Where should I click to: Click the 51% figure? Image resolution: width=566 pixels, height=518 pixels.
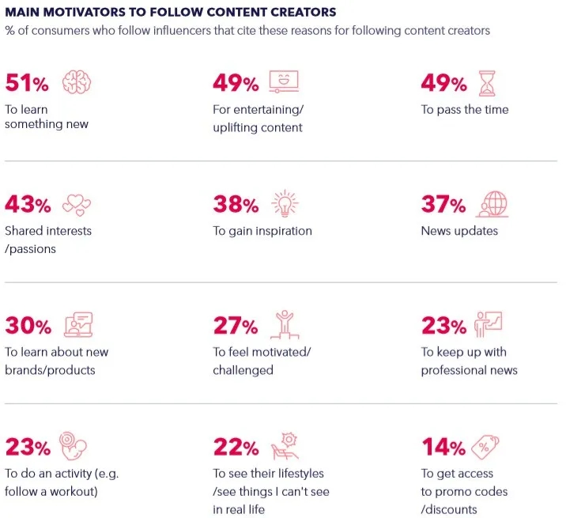pos(28,83)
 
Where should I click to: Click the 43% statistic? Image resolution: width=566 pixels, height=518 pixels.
pos(28,205)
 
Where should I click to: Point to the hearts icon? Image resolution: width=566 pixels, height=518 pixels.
pos(77,205)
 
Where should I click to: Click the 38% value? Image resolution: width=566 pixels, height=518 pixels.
pos(236,205)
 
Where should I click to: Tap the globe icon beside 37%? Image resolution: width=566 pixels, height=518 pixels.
pos(492,204)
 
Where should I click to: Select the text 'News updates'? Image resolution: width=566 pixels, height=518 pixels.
pos(459,231)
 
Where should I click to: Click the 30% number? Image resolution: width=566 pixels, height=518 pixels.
pos(28,325)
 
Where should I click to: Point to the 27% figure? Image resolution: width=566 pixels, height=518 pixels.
pos(236,325)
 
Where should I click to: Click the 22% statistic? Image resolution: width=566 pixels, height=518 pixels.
pos(236,447)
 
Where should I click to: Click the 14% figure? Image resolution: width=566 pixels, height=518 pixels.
pos(443,447)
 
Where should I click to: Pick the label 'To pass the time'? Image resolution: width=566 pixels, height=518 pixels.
pos(465,109)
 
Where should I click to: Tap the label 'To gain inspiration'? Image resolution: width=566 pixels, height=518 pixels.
pos(262,231)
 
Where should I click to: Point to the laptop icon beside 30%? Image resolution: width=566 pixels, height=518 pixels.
pos(77,325)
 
